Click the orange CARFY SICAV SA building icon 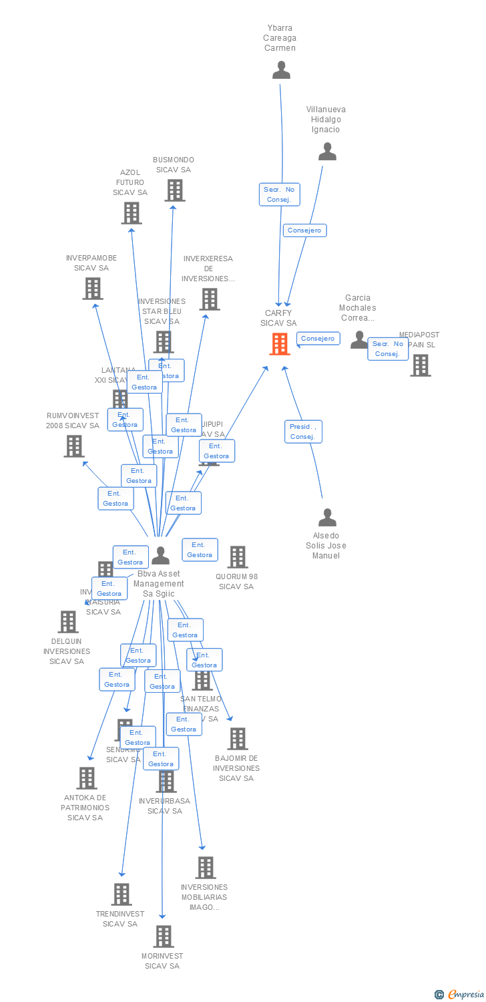[x=280, y=343]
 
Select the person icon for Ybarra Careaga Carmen [x=281, y=69]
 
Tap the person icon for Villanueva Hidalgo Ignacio [x=327, y=152]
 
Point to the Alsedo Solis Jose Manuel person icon [x=327, y=518]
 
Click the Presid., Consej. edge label [x=304, y=432]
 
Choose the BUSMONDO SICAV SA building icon [x=175, y=190]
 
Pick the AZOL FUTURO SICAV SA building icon [x=132, y=213]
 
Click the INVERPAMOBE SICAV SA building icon [x=92, y=289]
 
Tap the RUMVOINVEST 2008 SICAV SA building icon [x=74, y=446]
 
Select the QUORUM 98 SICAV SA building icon [x=238, y=557]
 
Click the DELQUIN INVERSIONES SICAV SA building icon [x=68, y=622]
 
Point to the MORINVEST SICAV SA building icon [x=164, y=937]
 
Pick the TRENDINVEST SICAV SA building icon [x=121, y=894]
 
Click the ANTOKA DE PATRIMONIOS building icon [x=87, y=778]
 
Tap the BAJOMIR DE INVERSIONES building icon [x=238, y=739]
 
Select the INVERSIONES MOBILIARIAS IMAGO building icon [x=206, y=868]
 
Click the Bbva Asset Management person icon [x=161, y=556]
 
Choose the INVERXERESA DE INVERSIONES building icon [x=210, y=299]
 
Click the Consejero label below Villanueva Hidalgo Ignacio [x=305, y=230]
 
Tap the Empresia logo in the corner [x=460, y=995]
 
